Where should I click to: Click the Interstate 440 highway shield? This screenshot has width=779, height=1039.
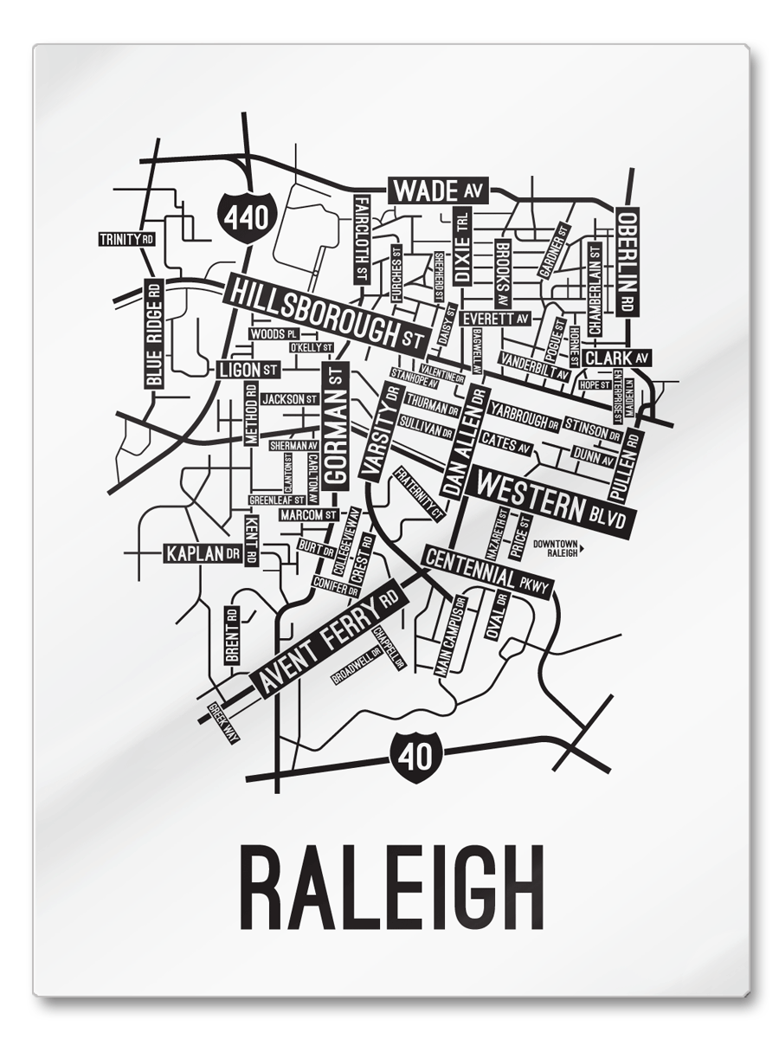248,216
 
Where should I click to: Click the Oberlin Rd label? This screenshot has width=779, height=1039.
627,261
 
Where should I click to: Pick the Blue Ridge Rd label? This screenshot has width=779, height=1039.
154,333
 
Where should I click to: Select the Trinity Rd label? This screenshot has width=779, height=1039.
126,239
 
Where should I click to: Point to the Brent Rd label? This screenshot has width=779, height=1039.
231,636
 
